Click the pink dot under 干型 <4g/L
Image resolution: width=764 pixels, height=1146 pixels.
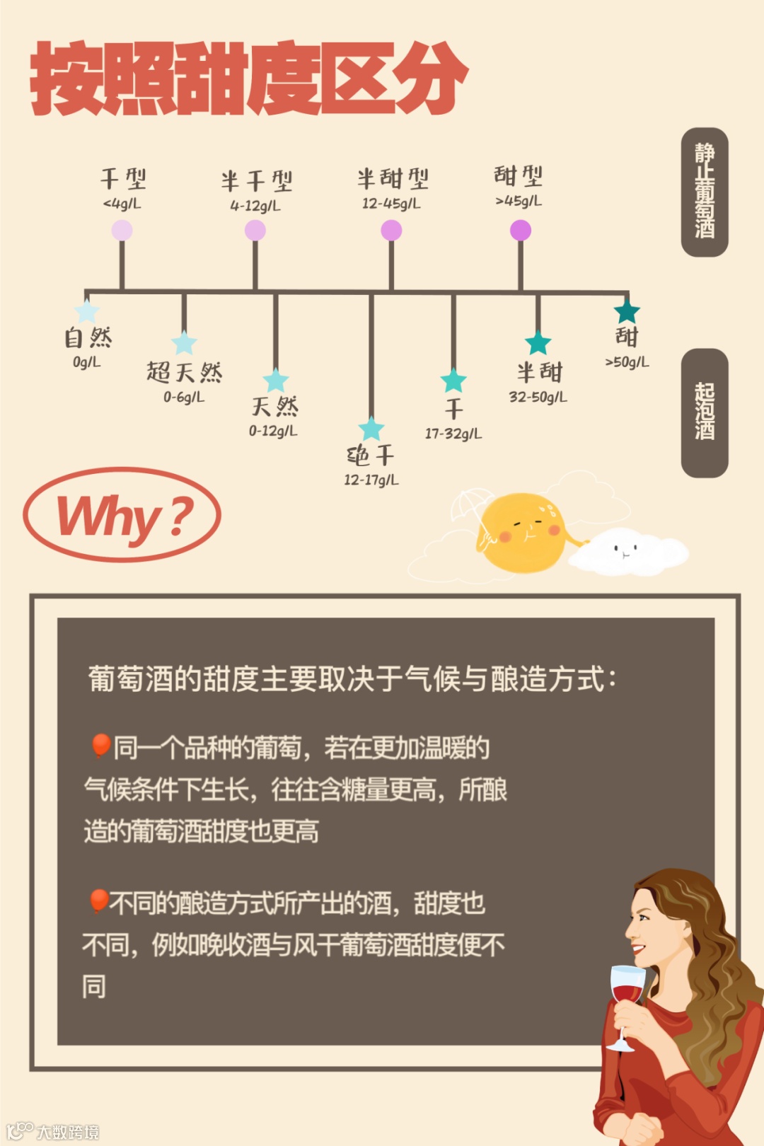pyautogui.click(x=122, y=230)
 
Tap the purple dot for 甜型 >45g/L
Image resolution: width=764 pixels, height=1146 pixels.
pyautogui.click(x=521, y=230)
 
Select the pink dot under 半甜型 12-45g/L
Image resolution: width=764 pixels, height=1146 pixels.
pyautogui.click(x=391, y=230)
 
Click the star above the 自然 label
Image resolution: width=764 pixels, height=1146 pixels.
pyautogui.click(x=86, y=311)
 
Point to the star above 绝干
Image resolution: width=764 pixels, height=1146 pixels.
pyautogui.click(x=371, y=429)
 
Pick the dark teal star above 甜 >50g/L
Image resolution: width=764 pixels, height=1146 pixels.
pyautogui.click(x=627, y=311)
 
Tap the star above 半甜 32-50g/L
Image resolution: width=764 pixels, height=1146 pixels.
pyautogui.click(x=538, y=343)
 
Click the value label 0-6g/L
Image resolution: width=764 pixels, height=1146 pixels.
pyautogui.click(x=184, y=397)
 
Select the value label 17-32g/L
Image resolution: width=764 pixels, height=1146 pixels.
pyautogui.click(x=453, y=433)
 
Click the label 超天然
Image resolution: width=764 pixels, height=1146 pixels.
pyautogui.click(x=184, y=372)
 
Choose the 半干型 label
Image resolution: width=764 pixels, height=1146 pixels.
pyautogui.click(x=256, y=181)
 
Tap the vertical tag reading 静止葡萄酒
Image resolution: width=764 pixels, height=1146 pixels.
pyautogui.click(x=705, y=192)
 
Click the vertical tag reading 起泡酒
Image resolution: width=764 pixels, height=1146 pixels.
pyautogui.click(x=705, y=412)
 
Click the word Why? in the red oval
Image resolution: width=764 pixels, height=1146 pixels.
pyautogui.click(x=123, y=516)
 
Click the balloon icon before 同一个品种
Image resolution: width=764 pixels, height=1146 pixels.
pyautogui.click(x=100, y=746)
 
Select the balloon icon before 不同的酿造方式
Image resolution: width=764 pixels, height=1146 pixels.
pyautogui.click(x=98, y=901)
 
